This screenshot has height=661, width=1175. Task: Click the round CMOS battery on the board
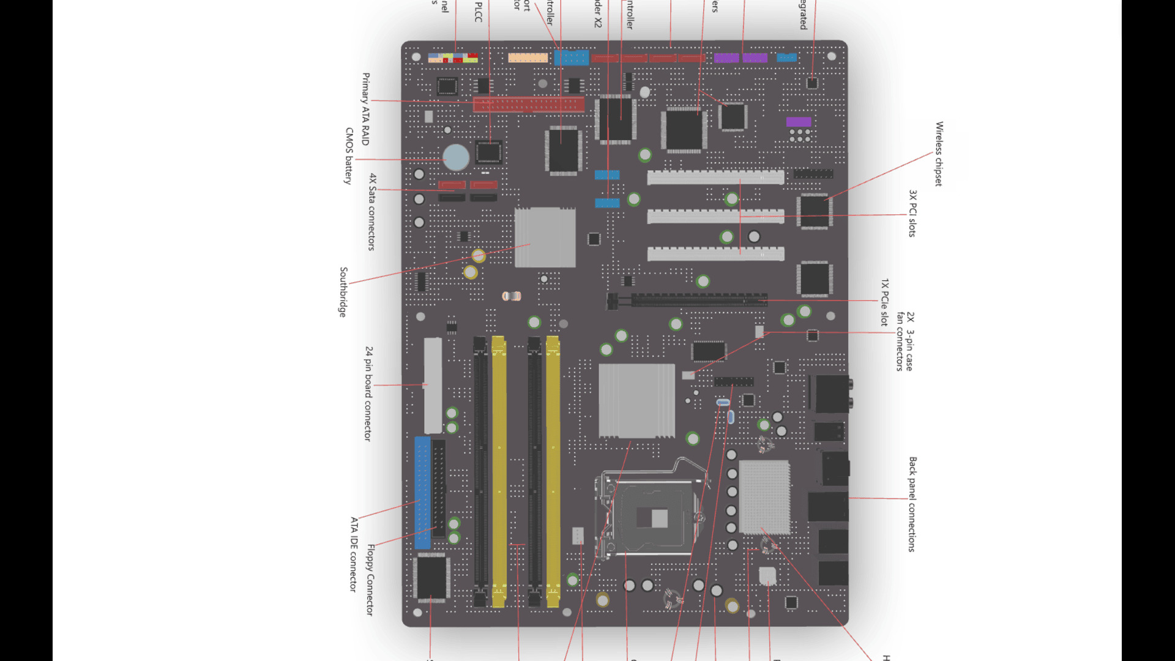coord(456,157)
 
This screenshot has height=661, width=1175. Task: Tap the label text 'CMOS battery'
coord(349,156)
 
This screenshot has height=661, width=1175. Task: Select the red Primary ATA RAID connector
coord(529,104)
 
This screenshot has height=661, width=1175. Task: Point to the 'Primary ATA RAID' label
coord(366,109)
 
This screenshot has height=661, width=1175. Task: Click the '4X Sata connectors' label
coord(371,212)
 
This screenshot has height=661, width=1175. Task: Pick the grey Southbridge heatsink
coord(545,237)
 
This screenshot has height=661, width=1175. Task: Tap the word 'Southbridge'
coord(343,292)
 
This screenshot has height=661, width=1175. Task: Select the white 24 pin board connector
coord(433,386)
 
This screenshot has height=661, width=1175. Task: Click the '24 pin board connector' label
coord(368,394)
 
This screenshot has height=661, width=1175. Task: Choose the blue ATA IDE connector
coord(422,493)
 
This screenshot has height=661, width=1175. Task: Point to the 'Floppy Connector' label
coord(370,580)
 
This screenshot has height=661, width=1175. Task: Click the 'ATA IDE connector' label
coord(354,555)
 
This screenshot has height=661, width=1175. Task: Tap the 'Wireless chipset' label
coord(939,154)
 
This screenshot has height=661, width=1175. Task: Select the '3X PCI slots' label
coord(912,213)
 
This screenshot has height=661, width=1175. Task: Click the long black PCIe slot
coord(698,301)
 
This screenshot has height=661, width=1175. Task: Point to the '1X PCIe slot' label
coord(884,302)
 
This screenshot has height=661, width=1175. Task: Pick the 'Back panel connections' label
coord(912,504)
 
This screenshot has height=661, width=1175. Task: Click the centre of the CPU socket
coord(651,517)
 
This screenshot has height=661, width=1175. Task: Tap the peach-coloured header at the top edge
coord(528,58)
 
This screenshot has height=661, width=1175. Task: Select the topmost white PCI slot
coord(715,177)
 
